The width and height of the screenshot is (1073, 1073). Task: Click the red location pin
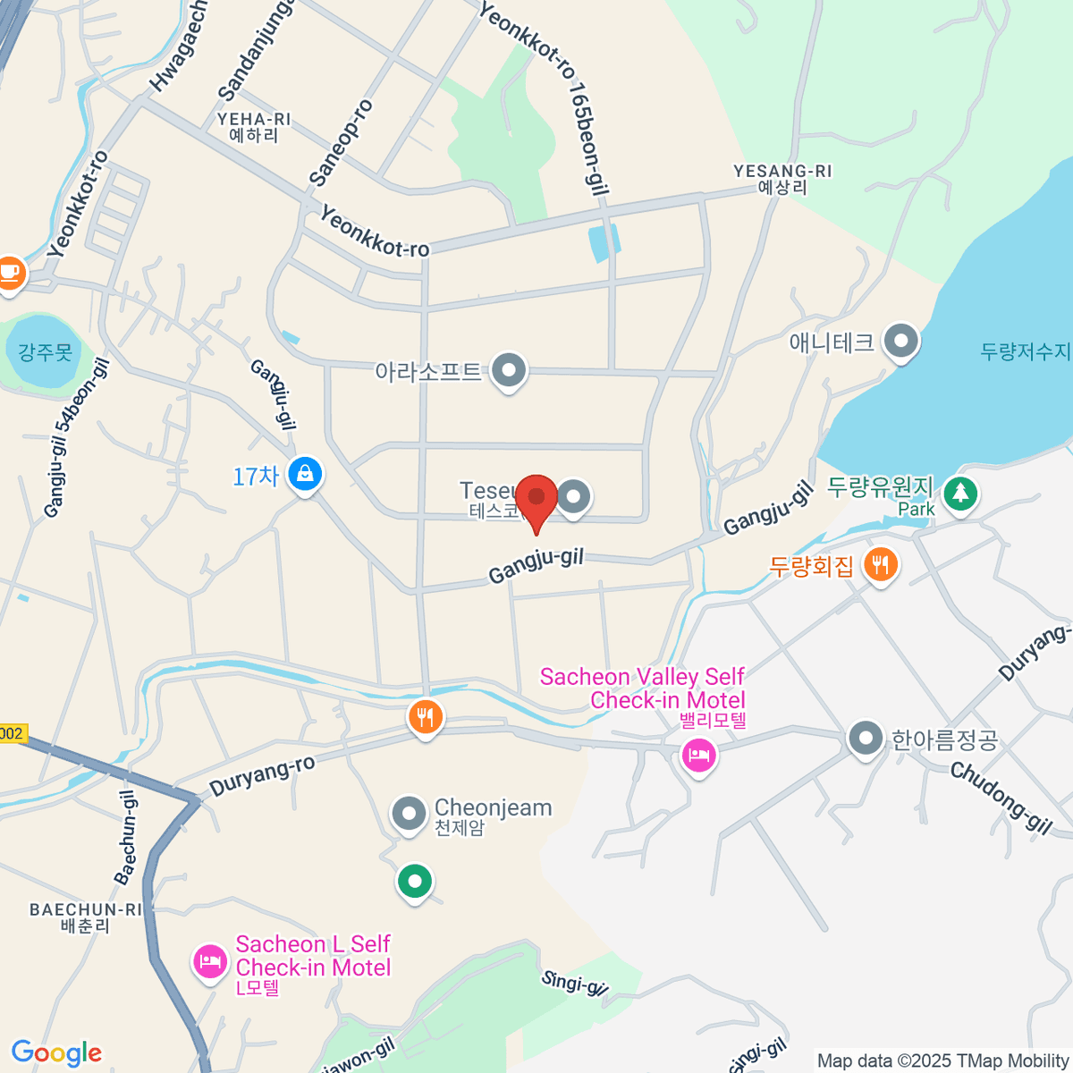[536, 497]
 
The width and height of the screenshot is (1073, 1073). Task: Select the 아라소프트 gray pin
[510, 369]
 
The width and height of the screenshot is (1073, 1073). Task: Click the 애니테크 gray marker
[901, 341]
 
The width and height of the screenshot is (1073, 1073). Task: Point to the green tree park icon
[960, 492]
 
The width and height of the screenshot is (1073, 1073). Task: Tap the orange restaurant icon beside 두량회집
[881, 564]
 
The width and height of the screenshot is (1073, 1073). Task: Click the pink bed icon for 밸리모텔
[698, 756]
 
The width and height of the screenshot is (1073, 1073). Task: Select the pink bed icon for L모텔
[210, 962]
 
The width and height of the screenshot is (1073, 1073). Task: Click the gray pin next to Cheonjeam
[409, 814]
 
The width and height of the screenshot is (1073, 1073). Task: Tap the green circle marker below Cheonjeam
[414, 882]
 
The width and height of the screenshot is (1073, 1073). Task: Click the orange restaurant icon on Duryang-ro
[426, 716]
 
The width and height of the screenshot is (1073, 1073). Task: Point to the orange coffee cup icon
[10, 271]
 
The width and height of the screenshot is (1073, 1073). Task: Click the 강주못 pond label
[45, 351]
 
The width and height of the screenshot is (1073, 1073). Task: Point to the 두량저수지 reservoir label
[1025, 351]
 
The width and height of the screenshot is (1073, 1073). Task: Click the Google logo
[56, 1053]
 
